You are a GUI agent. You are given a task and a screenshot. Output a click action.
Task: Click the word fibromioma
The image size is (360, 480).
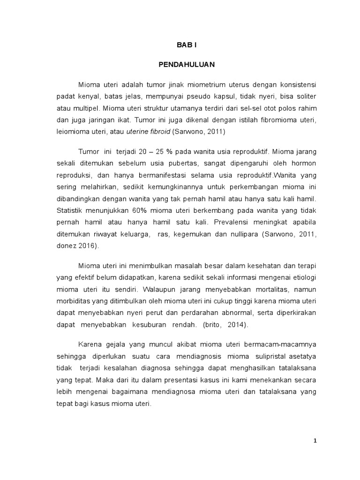click(x=281, y=120)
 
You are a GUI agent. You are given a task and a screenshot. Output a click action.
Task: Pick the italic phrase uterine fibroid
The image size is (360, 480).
click(x=149, y=132)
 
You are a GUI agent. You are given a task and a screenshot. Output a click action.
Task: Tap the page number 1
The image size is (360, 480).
click(x=315, y=441)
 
